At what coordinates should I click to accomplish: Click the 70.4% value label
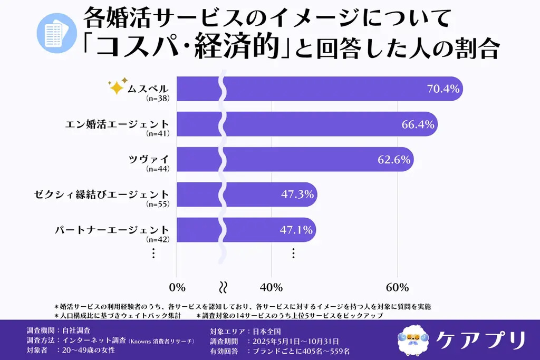443,89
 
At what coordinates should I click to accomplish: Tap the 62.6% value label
394,160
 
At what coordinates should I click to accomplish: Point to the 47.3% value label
297,194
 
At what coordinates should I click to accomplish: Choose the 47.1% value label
297,230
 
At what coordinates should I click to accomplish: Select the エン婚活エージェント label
117,124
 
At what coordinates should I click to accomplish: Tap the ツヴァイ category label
149,159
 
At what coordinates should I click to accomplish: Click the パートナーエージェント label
112,230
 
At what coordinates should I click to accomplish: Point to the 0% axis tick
177,287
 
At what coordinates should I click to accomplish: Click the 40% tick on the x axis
272,287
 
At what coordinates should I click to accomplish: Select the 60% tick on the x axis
398,287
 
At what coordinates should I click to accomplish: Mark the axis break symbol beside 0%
223,287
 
